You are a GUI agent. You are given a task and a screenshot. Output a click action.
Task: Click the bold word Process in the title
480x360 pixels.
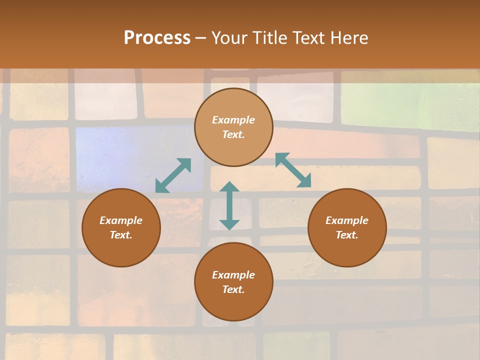tap(157, 38)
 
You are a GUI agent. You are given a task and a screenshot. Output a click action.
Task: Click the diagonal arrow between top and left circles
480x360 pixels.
tap(173, 175)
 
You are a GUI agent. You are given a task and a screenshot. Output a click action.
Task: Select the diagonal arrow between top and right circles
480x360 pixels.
tap(293, 170)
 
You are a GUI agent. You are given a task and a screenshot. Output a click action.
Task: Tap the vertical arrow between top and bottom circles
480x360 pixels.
tap(229, 205)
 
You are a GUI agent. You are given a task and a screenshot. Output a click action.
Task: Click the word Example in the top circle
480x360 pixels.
tap(233, 120)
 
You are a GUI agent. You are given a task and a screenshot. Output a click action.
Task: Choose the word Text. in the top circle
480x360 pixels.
tap(233, 134)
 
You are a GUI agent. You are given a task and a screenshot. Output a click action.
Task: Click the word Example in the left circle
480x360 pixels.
tap(121, 220)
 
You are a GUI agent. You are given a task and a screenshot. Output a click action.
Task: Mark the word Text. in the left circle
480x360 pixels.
tap(121, 235)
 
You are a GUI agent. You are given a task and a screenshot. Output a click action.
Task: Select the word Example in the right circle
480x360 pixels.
tap(347, 220)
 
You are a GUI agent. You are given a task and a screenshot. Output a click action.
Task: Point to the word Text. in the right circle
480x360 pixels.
tap(347, 235)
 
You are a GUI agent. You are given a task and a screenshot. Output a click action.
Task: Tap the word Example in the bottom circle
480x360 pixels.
tap(233, 275)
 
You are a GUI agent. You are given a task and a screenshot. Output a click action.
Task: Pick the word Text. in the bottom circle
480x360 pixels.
tap(233, 289)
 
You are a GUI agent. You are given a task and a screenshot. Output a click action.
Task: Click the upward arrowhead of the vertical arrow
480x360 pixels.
tap(229, 186)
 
